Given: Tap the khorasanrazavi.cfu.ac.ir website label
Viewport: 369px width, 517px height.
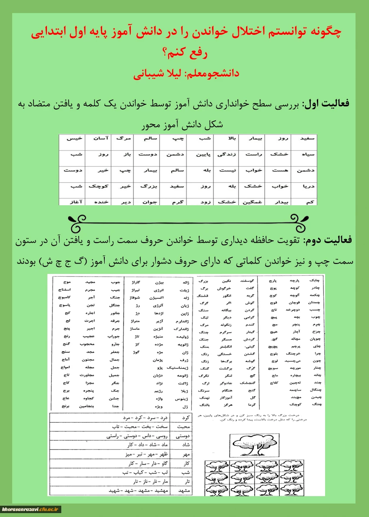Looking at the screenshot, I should click(x=31, y=509).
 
